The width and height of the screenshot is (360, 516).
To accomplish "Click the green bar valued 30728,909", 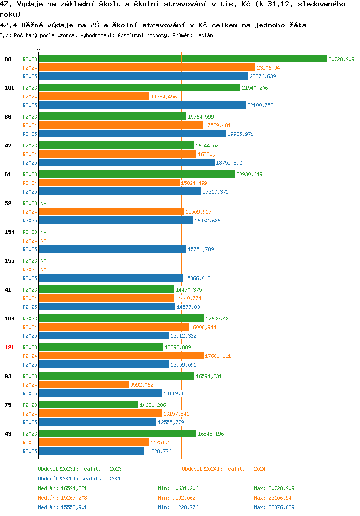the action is [x=183, y=59].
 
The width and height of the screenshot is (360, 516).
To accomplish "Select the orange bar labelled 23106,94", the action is [x=147, y=67].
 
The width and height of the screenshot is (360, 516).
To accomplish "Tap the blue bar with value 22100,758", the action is [x=143, y=105].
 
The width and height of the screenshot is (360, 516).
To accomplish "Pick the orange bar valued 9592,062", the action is [x=84, y=385].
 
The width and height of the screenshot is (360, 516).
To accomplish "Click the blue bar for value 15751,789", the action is [x=113, y=249].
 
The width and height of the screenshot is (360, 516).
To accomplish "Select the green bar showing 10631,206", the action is [x=89, y=405].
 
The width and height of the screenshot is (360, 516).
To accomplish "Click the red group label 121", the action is [x=10, y=347].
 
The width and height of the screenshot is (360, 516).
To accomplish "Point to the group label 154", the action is [x=10, y=233].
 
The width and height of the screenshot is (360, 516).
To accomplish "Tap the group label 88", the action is [x=8, y=59].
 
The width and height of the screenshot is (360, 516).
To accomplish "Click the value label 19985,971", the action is [x=240, y=134].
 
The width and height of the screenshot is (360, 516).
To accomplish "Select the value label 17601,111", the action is [x=218, y=356].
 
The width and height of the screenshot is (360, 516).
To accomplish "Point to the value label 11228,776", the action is [x=158, y=451].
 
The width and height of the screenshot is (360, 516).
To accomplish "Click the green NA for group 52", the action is [x=43, y=203].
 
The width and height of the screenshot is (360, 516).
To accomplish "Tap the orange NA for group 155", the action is [x=43, y=270].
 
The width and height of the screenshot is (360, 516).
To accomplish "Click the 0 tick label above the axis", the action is [x=39, y=49].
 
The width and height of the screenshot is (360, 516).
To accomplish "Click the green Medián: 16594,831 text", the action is [x=62, y=488].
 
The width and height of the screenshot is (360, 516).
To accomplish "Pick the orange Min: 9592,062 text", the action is [x=178, y=498].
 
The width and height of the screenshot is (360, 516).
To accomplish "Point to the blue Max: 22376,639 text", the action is [x=274, y=507].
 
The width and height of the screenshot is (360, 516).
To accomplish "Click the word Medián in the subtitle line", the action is [x=204, y=35].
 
